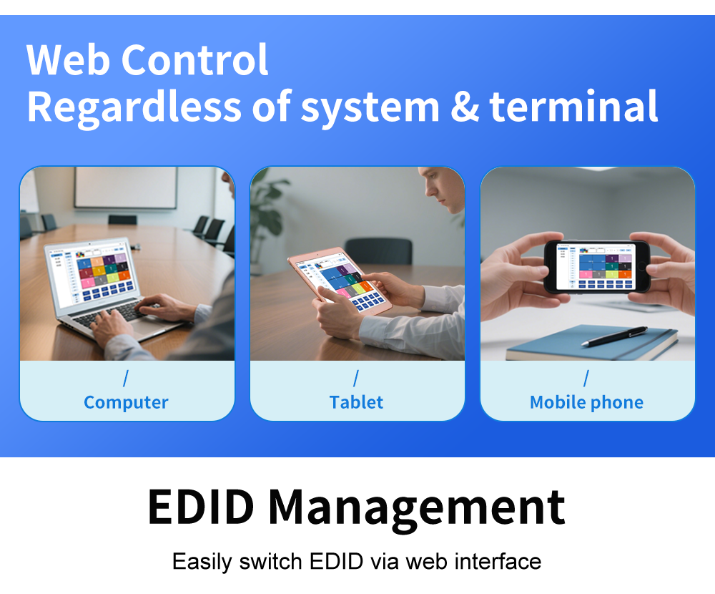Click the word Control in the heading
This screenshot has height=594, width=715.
pos(194,60)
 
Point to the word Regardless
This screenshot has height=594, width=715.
pos(134,107)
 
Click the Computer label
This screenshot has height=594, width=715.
pos(126,402)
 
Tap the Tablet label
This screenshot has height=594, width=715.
pos(356,402)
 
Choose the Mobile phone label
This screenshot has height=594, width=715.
pos(586,402)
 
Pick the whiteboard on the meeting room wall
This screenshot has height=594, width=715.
pos(125,188)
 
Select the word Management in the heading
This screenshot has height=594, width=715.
pos(417,507)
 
